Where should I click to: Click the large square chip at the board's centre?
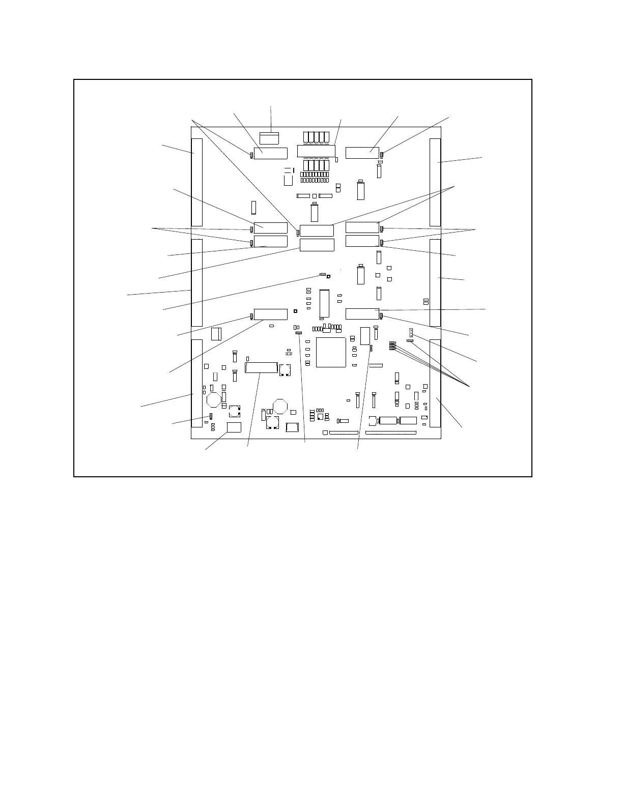click(x=331, y=352)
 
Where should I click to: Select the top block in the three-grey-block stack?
click(x=392, y=343)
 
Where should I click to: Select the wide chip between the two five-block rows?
click(x=316, y=151)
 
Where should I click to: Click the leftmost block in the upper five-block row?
click(x=306, y=137)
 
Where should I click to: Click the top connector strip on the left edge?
click(x=196, y=182)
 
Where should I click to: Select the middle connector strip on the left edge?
click(x=196, y=282)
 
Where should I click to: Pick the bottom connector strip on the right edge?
click(x=435, y=383)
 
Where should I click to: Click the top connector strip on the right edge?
click(x=435, y=182)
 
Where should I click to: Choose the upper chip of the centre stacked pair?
click(x=317, y=230)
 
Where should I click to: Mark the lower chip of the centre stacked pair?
click(x=317, y=245)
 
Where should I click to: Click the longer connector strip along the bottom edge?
click(x=391, y=433)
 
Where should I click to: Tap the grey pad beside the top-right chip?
click(x=382, y=154)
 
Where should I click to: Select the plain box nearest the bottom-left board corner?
click(x=234, y=427)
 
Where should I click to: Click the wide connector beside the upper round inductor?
click(x=261, y=367)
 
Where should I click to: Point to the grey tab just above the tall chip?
click(x=322, y=274)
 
